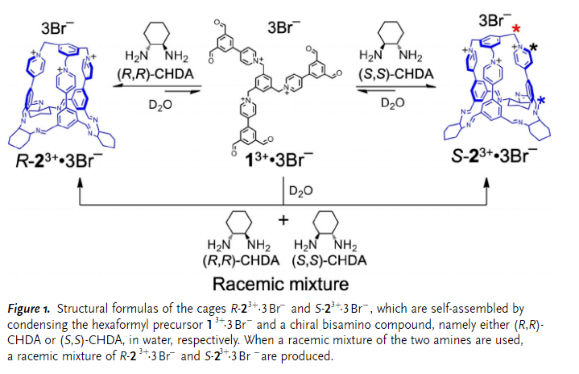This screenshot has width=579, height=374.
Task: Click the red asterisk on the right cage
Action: pyautogui.click(x=516, y=30)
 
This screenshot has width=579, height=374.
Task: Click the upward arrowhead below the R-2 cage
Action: pyautogui.click(x=80, y=183)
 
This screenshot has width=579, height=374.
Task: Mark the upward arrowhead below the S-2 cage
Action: pyautogui.click(x=486, y=183)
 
